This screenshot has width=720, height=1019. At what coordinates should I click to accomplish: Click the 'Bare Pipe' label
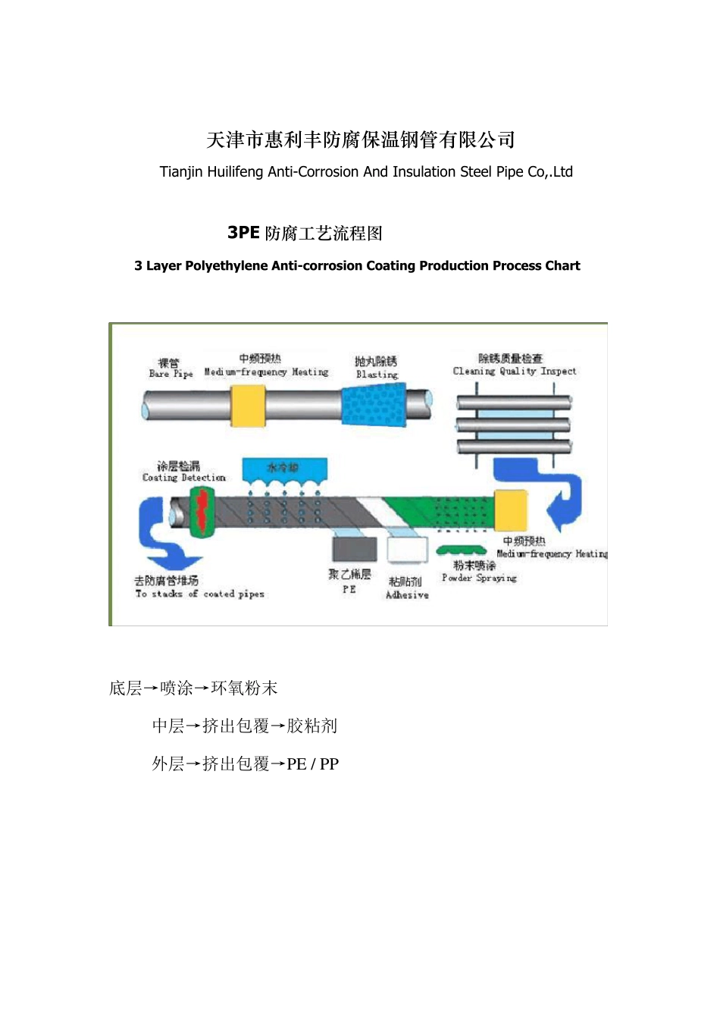coord(171,374)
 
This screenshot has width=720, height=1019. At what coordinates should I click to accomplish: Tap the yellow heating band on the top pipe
coord(248,406)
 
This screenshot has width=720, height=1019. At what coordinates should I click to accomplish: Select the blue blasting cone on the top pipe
coord(374,404)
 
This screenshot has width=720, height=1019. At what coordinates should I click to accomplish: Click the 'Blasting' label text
coord(377,374)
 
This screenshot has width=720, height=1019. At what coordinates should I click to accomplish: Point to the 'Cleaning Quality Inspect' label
coord(514,372)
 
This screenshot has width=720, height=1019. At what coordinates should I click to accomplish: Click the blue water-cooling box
coord(284,469)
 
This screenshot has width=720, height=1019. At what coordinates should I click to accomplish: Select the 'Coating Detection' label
coord(183,478)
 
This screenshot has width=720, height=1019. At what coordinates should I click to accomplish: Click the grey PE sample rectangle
coord(354,548)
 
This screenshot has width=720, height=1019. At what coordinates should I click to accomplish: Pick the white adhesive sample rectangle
coord(407,549)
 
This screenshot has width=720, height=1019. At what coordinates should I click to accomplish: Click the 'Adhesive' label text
coord(407,595)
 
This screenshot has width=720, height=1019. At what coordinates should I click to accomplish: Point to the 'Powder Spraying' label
coord(479,578)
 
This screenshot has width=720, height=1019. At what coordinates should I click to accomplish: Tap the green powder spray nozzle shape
coord(462,549)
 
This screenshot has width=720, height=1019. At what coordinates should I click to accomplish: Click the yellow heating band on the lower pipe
coord(505,510)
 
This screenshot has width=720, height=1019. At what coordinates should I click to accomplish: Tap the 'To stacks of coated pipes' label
coord(199,594)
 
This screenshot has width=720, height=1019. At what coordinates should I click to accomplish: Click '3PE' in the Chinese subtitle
coord(243,233)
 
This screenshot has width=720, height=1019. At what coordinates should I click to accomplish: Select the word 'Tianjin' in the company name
coord(181,172)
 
